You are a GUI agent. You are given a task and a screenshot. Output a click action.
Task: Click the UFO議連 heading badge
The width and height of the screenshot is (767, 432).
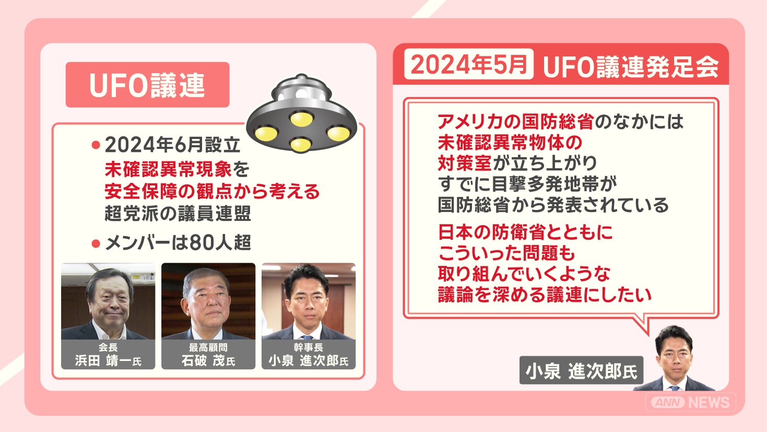[x=148, y=85]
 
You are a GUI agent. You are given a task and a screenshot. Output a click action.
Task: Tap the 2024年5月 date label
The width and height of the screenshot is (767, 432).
[x=469, y=64]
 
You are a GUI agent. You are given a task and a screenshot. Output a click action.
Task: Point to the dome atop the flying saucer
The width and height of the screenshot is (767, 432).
[x=301, y=89]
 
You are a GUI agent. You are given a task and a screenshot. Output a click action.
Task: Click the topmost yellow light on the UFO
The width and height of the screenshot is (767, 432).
[x=302, y=119]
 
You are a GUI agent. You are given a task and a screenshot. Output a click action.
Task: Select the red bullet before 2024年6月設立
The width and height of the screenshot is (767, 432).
[x=96, y=145]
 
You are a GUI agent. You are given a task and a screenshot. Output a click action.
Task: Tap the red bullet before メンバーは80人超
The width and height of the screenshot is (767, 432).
[x=96, y=243]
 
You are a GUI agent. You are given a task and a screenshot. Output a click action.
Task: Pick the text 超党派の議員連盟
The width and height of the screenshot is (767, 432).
[x=178, y=213]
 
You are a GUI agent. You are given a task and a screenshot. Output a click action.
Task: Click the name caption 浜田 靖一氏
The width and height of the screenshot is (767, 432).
[x=108, y=361]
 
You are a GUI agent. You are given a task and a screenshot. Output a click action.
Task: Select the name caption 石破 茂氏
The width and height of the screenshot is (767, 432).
[x=208, y=361]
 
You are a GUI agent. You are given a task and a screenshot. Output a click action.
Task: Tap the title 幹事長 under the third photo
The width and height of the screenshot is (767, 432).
[x=309, y=347]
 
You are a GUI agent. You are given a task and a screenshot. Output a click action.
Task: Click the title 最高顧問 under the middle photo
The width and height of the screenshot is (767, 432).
[x=208, y=347]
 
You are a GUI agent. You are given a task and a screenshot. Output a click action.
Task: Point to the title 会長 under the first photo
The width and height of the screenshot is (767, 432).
[x=108, y=347]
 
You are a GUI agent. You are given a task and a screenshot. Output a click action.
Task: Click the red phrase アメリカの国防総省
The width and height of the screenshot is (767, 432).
[x=516, y=122]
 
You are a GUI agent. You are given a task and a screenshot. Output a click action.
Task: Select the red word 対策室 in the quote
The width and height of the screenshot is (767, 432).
[x=465, y=163]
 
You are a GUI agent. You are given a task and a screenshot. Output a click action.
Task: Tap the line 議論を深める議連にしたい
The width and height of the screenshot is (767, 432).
[x=545, y=295]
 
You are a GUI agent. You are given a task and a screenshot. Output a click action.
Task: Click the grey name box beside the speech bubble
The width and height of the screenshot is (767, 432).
[x=581, y=370]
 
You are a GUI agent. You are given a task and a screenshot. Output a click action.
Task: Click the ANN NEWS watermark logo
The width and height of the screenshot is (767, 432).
[x=691, y=402]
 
